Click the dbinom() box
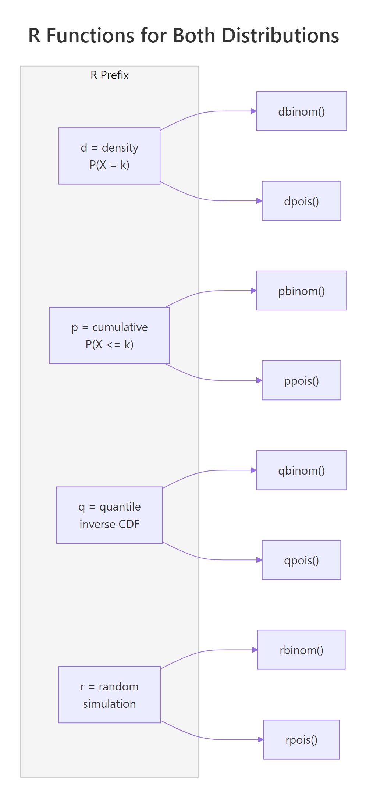(x=301, y=111)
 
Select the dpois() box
(x=301, y=201)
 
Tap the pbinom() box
(x=301, y=291)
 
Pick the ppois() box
(x=301, y=380)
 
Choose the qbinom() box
(x=301, y=470)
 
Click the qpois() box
(x=301, y=560)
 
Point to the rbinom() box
(x=301, y=650)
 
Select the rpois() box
(x=301, y=739)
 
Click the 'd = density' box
(x=109, y=156)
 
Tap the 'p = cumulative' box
(x=109, y=335)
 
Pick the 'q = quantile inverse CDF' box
(x=109, y=515)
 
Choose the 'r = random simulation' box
(x=109, y=694)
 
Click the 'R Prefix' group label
(x=110, y=75)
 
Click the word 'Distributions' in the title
(x=280, y=36)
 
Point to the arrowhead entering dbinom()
(x=253, y=111)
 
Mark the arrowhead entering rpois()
(x=260, y=739)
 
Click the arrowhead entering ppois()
(x=259, y=380)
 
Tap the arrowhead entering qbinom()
(x=253, y=470)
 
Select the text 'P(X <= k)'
(x=109, y=344)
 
